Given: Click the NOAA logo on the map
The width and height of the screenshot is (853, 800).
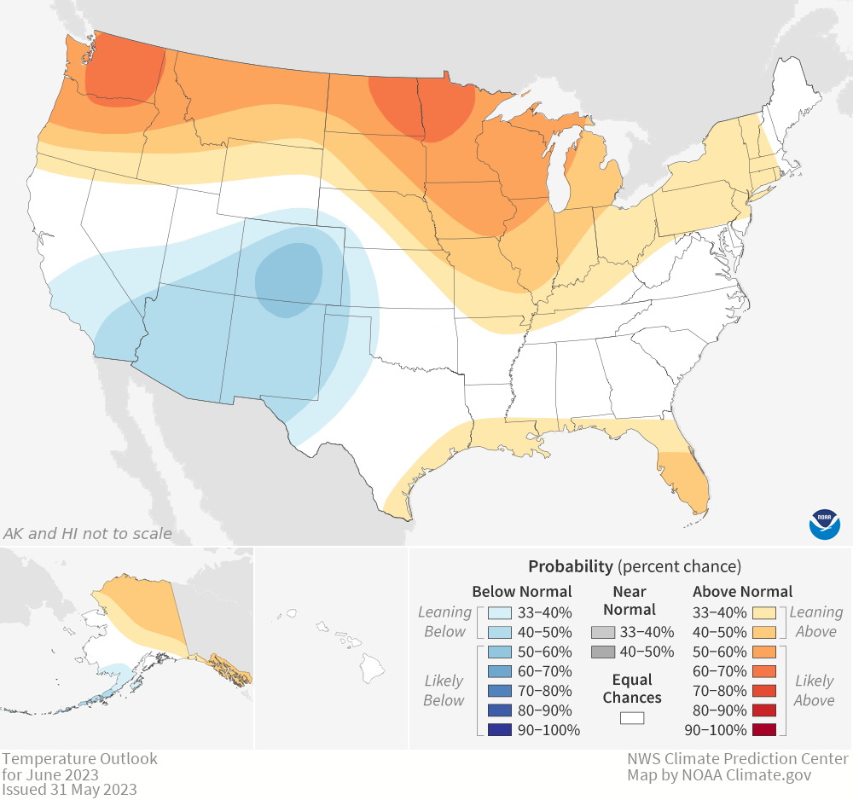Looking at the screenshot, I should tap(824, 523).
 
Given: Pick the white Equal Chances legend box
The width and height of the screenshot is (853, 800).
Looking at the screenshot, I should tap(632, 717).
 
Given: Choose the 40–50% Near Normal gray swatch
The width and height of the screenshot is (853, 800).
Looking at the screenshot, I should tap(603, 652).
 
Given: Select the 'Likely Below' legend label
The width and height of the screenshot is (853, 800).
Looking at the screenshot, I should tap(444, 691).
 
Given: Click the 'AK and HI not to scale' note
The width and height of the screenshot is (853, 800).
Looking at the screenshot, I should tap(87, 534).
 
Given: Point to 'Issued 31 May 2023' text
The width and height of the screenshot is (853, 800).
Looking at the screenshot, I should tap(69, 789).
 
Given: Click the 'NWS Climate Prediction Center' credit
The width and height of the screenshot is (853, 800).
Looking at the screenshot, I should tap(738, 759).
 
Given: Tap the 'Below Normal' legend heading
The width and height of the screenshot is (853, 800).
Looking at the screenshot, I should tap(522, 592).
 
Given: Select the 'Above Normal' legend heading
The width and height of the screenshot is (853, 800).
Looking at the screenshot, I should tap(742, 592).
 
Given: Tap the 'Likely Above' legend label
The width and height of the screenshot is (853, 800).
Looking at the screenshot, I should tap(814, 691).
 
